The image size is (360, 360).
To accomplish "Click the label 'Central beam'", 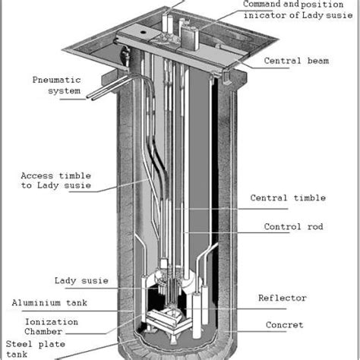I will [295, 61].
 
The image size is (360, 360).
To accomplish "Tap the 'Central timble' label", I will [288, 198].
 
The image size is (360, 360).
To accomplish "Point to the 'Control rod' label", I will [290, 226].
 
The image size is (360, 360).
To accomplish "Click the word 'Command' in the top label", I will [262, 5].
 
